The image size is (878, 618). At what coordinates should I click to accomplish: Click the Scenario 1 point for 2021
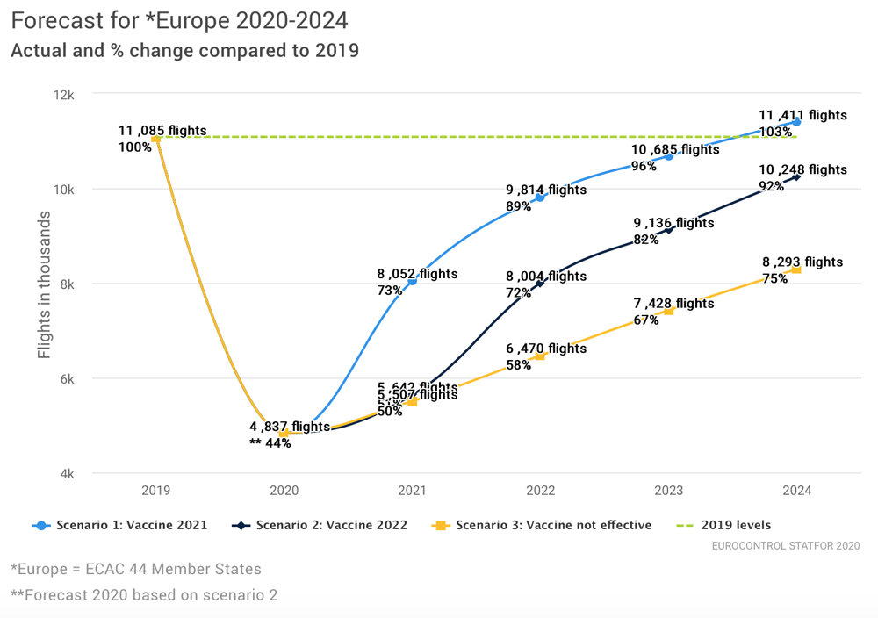tap(413, 282)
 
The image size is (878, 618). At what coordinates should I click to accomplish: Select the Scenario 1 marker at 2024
tap(796, 122)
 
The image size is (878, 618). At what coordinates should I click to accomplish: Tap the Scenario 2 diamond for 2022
tap(540, 284)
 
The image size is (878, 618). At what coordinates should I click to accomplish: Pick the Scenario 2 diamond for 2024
tap(796, 177)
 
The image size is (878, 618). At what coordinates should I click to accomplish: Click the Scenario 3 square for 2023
tap(669, 311)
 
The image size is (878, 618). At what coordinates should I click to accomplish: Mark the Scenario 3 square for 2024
tap(796, 269)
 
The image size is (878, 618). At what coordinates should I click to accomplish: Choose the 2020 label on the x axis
tap(284, 491)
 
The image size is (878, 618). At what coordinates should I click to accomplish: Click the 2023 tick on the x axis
tap(668, 491)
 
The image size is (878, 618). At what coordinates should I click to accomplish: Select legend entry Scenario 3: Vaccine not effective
tap(543, 526)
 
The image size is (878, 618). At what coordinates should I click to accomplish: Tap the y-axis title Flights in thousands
tap(45, 284)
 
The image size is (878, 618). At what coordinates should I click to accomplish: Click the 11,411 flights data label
tap(802, 115)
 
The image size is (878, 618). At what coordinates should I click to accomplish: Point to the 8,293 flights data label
tap(802, 262)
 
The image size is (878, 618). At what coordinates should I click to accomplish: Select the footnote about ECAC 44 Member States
tap(136, 569)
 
